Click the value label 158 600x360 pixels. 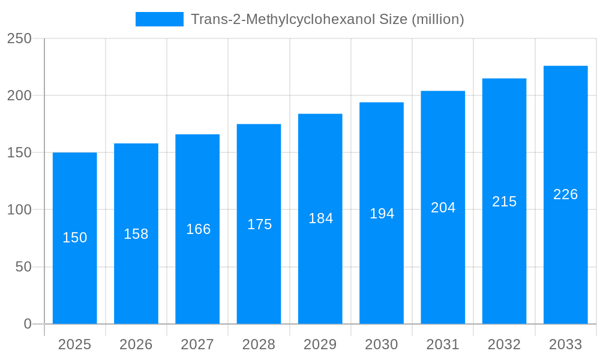136,234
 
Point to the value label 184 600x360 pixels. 320,218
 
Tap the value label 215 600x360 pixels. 504,202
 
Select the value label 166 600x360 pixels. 198,229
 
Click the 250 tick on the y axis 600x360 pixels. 19,38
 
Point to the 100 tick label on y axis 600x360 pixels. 19,210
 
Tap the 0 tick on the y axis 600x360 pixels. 28,324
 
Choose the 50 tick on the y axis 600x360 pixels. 23,267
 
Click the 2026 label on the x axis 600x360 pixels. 136,344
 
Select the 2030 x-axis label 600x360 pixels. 381,344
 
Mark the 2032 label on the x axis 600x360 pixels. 504,344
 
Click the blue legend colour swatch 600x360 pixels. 159,19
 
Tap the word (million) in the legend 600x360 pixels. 437,19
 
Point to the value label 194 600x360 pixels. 382,214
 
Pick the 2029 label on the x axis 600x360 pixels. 320,344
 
